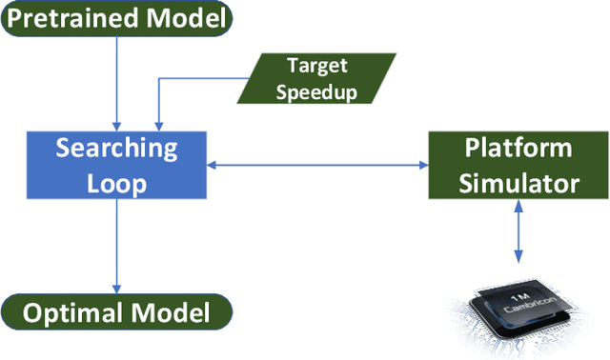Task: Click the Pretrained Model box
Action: tap(115, 18)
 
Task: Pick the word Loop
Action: tap(115, 183)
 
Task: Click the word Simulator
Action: tap(518, 183)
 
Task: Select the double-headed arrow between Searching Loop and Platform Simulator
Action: tap(317, 166)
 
